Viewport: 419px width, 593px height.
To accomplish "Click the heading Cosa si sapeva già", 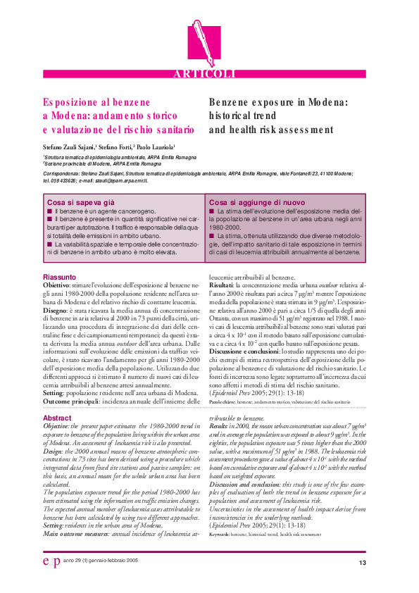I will click(x=75, y=201).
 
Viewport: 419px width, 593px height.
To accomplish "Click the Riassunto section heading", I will click(x=60, y=277).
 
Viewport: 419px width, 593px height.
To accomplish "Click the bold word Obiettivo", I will click(x=59, y=284).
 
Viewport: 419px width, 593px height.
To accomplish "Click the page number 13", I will click(x=363, y=563).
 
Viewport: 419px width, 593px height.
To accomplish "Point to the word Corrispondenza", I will click(x=62, y=172).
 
